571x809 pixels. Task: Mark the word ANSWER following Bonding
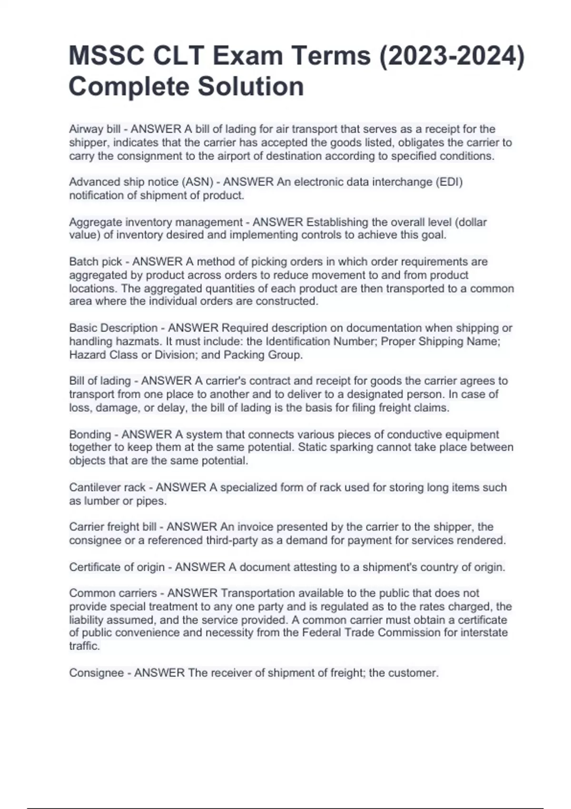click(147, 434)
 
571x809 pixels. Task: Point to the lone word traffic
click(84, 646)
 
